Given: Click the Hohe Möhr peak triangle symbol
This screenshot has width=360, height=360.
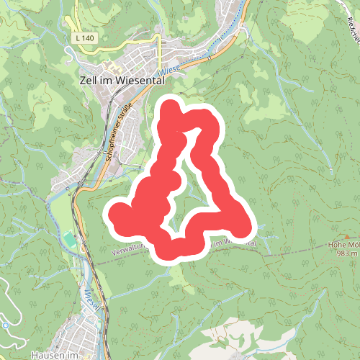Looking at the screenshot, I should tap(349, 235).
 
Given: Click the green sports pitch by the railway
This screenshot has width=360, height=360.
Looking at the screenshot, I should tap(68, 238).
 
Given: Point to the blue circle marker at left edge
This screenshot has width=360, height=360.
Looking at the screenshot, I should tap(4, 325).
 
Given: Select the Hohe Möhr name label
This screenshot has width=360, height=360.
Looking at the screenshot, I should tap(343, 244).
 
